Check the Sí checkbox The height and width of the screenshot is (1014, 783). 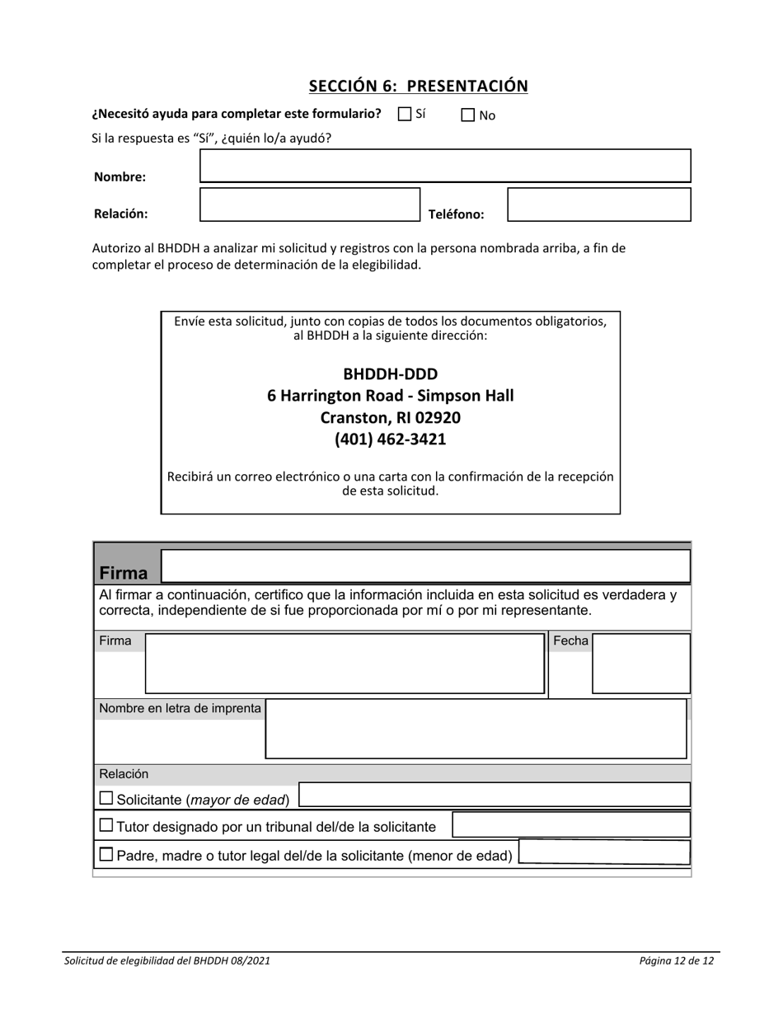click(404, 115)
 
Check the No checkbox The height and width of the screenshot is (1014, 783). click(468, 115)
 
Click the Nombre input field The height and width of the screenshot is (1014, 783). click(445, 166)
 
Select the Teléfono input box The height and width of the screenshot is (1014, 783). click(598, 204)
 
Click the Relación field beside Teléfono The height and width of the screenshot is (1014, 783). click(310, 204)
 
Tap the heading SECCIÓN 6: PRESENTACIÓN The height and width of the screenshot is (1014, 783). click(418, 86)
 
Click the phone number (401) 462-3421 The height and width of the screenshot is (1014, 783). click(390, 439)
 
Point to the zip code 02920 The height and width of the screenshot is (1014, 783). click(438, 417)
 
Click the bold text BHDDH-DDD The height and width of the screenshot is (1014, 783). click(390, 373)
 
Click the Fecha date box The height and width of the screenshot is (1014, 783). click(641, 663)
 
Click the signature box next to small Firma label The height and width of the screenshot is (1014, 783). click(345, 663)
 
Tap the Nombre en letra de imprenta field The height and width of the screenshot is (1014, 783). click(476, 729)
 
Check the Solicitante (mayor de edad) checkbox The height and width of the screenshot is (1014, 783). click(106, 798)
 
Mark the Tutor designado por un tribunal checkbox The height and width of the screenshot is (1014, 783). click(106, 825)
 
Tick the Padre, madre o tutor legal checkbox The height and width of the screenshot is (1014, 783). click(106, 855)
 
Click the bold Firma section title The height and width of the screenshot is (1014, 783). click(124, 573)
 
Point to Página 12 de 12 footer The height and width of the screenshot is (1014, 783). click(676, 960)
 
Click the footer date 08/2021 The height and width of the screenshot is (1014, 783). click(250, 960)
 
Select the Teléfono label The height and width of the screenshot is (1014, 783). click(456, 214)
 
